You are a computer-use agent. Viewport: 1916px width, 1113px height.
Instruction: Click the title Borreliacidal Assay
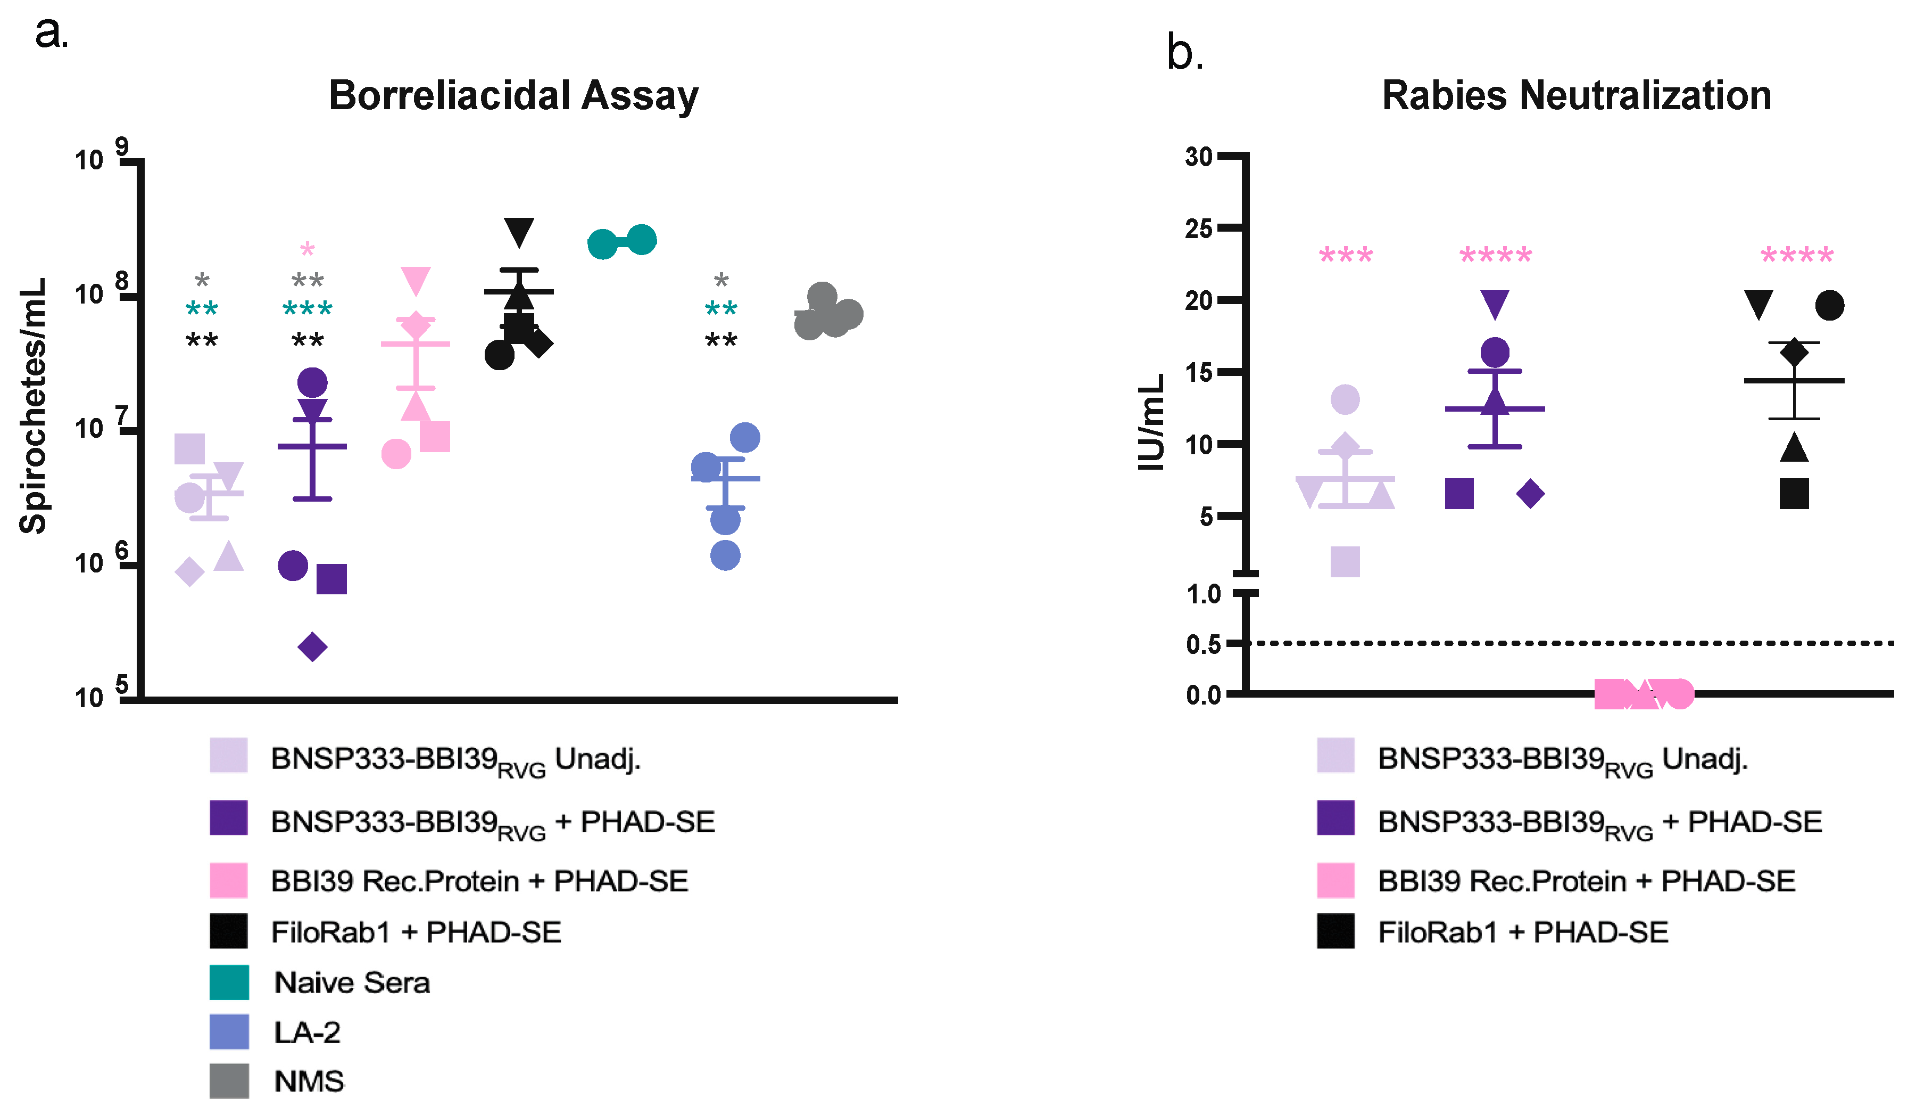[513, 96]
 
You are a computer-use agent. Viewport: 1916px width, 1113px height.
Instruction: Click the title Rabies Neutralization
[1576, 96]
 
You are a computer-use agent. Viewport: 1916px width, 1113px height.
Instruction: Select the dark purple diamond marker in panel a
[312, 648]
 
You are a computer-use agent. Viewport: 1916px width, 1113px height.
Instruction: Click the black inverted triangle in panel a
[519, 231]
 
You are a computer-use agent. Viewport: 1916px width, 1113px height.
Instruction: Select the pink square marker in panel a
[435, 437]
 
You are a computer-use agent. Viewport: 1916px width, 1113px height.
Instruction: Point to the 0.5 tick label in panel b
[1203, 645]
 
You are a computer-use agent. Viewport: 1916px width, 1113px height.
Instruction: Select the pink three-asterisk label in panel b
[1346, 255]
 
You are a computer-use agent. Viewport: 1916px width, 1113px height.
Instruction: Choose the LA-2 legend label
[307, 1033]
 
